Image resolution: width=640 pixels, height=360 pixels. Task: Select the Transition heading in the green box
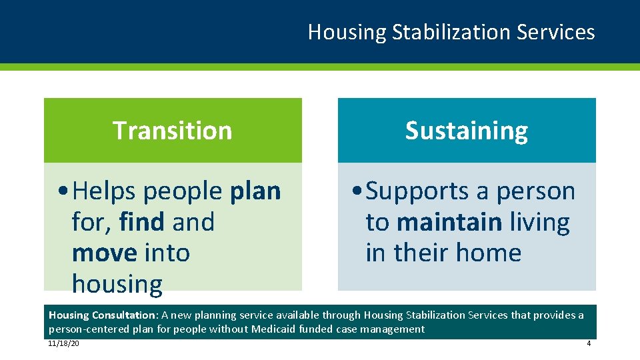point(172,130)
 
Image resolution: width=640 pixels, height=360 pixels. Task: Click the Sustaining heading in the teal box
point(466,130)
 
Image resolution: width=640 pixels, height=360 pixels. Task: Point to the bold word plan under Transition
point(255,191)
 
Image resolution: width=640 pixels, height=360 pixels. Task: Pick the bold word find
point(142,222)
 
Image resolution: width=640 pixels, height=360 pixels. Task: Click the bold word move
point(104,253)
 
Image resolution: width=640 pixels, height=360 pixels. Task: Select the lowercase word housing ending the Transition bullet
point(117,285)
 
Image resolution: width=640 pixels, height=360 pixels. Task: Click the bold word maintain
point(449,222)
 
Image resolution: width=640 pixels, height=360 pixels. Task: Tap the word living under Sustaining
point(539,222)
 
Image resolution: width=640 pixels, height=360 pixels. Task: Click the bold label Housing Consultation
point(101,315)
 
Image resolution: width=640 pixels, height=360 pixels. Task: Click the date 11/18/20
point(63,343)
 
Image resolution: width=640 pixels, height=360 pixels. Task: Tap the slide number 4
point(588,343)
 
